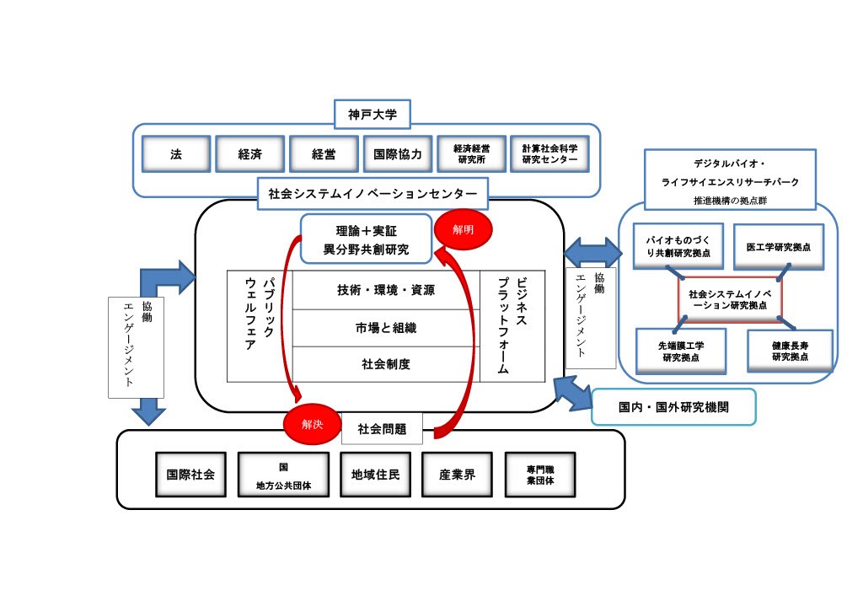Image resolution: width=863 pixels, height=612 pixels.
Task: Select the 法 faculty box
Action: click(175, 154)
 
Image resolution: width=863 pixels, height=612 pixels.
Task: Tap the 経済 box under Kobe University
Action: click(249, 154)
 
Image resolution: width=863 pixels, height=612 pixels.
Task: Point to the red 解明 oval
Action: click(464, 228)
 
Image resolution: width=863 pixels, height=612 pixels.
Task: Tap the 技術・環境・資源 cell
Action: click(386, 290)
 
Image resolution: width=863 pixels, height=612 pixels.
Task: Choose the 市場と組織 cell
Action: click(386, 328)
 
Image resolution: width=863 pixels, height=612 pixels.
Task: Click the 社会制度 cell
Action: click(386, 365)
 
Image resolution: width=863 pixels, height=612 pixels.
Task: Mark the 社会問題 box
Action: click(382, 429)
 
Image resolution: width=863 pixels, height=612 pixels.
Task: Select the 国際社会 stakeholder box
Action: click(190, 475)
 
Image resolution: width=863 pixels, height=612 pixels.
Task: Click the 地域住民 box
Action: click(375, 475)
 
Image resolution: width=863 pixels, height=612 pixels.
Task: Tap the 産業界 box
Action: click(458, 475)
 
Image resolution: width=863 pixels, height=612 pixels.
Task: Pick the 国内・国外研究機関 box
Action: click(673, 407)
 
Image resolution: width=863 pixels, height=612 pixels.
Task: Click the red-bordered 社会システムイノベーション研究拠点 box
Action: click(731, 299)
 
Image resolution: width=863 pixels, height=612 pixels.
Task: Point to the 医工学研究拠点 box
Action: click(778, 247)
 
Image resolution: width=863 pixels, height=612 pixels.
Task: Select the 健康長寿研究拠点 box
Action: click(790, 351)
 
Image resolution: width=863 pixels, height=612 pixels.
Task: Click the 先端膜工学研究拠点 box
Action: click(682, 352)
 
